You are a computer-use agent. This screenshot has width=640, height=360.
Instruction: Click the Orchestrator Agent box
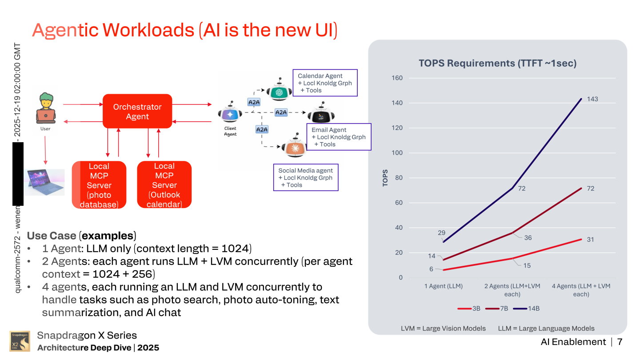tap(137, 112)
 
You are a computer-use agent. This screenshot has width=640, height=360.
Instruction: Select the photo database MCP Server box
tap(99, 185)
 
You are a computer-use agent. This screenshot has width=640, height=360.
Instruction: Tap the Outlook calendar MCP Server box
tap(164, 185)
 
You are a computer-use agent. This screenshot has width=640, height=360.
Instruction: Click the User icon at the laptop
tap(45, 108)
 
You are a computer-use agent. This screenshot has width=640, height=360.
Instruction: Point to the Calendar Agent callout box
tap(324, 83)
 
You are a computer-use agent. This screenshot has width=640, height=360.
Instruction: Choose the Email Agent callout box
tap(338, 137)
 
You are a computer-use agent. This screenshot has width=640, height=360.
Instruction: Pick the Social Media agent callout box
tap(305, 177)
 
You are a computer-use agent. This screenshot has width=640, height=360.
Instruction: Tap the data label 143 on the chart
tap(592, 99)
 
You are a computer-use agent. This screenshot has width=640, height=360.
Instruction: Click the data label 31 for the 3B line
tap(590, 240)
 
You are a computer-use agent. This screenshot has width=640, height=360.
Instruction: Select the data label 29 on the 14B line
tap(441, 233)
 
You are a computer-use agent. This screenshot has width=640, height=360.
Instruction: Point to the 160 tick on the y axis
tap(397, 78)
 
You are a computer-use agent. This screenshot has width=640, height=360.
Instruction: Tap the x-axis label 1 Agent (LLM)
tap(443, 286)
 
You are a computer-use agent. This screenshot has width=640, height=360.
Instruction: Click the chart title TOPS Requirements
tap(497, 63)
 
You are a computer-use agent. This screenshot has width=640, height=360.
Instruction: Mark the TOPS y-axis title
tap(385, 178)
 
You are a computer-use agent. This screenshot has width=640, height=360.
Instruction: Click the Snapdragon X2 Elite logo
tap(20, 341)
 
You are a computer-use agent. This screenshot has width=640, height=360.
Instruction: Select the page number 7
tap(620, 342)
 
